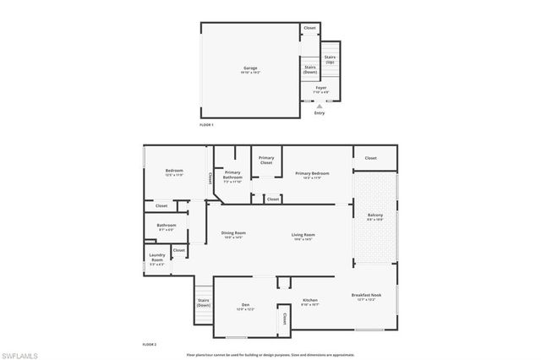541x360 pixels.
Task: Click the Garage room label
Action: pos(250,68)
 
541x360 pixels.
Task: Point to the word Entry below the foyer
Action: pos(319,112)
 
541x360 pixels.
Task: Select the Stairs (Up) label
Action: pos(330,59)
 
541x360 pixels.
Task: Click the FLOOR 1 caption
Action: pos(207,125)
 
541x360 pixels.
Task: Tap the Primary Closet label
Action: pos(266,160)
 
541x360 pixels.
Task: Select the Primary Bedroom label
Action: pos(312,175)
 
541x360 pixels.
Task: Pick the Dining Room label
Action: pos(233,235)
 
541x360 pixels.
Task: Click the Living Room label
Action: pos(303,236)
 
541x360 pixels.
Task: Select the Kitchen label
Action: pos(310,301)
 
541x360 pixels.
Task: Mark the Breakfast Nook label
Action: pos(366,296)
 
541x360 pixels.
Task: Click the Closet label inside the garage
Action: pos(310,28)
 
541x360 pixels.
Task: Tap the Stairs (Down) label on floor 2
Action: pos(204,303)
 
